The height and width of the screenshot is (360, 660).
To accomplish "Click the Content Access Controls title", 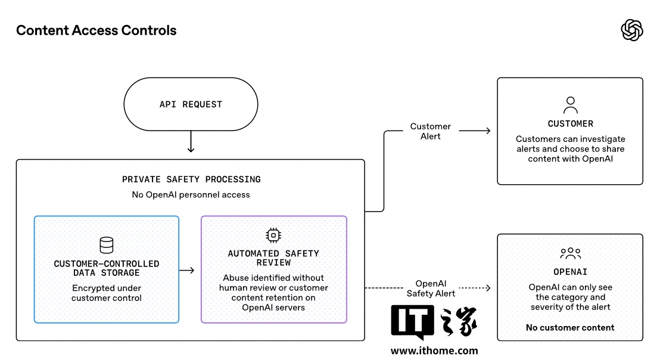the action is tap(96, 30).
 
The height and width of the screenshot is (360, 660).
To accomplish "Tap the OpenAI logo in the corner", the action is tap(632, 30).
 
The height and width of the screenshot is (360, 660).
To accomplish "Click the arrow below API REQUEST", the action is tap(191, 141).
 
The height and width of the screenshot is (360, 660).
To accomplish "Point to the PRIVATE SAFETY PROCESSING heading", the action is tap(191, 179).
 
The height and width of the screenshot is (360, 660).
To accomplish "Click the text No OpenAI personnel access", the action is tap(191, 194).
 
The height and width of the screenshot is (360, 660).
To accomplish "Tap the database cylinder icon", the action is tap(107, 245).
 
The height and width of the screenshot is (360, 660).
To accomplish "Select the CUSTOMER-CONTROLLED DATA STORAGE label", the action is tap(107, 268).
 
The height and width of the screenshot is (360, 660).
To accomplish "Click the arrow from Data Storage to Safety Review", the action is tap(186, 271).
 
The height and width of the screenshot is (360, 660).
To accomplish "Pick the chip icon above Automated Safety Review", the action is tap(273, 235).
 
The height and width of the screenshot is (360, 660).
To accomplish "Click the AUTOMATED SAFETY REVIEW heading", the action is tap(273, 257).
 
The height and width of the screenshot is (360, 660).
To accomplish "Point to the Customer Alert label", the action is tap(430, 131).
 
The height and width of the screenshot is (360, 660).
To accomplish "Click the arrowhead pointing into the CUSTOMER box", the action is tap(488, 131).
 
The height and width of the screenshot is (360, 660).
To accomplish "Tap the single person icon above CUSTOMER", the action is tap(570, 105).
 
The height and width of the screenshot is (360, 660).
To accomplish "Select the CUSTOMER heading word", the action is tap(570, 124).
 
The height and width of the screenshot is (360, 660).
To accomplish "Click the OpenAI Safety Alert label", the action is tap(431, 288).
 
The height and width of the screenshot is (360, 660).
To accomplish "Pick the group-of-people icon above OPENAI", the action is tap(570, 253).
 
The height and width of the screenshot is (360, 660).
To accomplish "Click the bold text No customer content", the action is tap(570, 328).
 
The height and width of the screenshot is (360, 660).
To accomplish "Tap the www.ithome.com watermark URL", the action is tap(434, 350).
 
